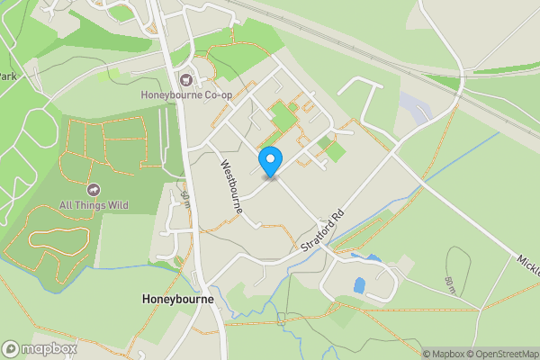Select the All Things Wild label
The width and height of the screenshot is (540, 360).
tap(94, 205)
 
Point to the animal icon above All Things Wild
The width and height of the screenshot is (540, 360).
tap(94, 190)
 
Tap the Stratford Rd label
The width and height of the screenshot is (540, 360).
tap(325, 232)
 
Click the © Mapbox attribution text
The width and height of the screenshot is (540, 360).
tap(441, 354)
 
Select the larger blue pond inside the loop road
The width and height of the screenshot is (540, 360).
tap(359, 285)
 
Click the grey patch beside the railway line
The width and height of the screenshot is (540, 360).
tap(416, 108)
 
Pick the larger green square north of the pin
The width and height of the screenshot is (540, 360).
tap(283, 117)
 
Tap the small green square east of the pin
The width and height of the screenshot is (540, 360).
tap(334, 150)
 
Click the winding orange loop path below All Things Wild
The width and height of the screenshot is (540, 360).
tap(59, 238)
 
